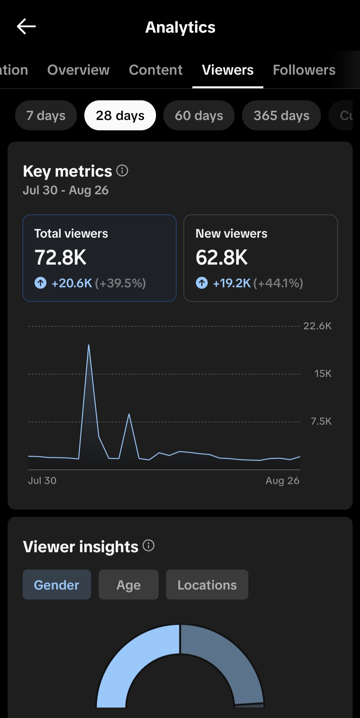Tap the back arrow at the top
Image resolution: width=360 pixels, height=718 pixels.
(x=26, y=26)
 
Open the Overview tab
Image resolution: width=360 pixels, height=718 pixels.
(x=78, y=70)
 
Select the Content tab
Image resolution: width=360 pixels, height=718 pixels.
(x=156, y=70)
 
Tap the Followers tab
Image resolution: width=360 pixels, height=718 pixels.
(x=304, y=70)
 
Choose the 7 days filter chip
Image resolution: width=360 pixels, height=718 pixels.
(x=46, y=115)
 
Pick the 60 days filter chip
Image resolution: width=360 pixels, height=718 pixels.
(x=199, y=115)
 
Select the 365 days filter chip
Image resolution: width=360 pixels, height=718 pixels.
(x=281, y=115)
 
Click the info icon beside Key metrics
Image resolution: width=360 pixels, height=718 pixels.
(x=122, y=171)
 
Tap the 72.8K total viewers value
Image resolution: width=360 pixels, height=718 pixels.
(x=60, y=257)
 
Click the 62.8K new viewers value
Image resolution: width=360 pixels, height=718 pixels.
(x=222, y=257)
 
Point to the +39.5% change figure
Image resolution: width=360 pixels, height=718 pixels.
(x=120, y=283)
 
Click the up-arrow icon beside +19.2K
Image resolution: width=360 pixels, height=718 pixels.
(x=202, y=283)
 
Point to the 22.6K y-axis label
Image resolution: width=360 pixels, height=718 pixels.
(x=317, y=326)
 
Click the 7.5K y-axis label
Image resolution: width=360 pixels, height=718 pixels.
(x=321, y=421)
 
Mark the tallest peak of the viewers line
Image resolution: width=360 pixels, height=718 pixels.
(x=89, y=344)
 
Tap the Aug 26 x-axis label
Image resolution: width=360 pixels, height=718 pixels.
(x=282, y=481)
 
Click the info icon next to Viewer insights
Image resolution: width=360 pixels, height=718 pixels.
(x=148, y=546)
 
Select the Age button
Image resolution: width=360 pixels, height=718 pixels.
(x=129, y=585)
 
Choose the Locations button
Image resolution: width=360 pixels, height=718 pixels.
(x=207, y=585)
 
